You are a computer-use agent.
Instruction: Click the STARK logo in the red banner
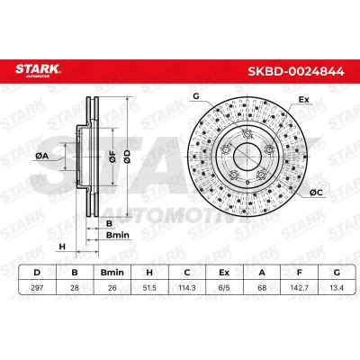click(x=38, y=70)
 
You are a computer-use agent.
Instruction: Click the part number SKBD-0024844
click(x=296, y=71)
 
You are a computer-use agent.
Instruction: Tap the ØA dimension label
click(x=42, y=156)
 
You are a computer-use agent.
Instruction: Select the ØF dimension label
click(x=112, y=156)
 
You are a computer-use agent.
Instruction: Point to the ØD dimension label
click(x=127, y=157)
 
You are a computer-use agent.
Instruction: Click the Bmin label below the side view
click(x=118, y=235)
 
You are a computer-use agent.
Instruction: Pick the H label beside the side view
click(x=62, y=247)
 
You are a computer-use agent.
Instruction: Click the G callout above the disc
click(x=196, y=96)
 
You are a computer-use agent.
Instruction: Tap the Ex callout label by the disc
click(x=303, y=100)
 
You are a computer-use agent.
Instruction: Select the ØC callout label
click(x=316, y=193)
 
